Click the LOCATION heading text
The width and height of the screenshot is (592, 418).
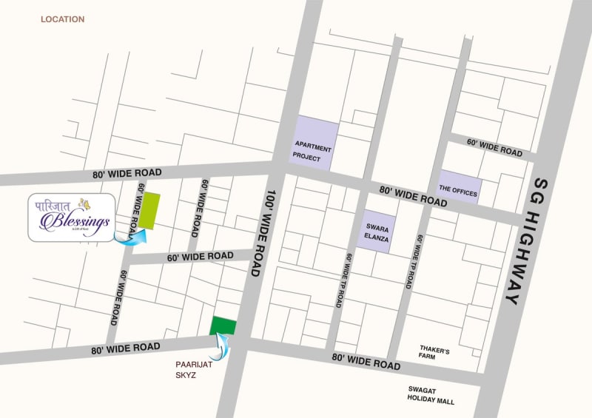pyautogui.click(x=62, y=19)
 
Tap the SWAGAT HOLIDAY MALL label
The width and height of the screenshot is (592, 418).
pyautogui.click(x=431, y=396)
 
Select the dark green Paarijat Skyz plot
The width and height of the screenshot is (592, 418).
pyautogui.click(x=223, y=326)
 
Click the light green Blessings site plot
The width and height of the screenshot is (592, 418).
pyautogui.click(x=152, y=210)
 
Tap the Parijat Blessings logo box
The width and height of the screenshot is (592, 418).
pyautogui.click(x=72, y=216)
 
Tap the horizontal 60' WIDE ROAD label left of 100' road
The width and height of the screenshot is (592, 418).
pyautogui.click(x=200, y=257)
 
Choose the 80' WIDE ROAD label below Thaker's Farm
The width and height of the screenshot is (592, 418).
pyautogui.click(x=366, y=362)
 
